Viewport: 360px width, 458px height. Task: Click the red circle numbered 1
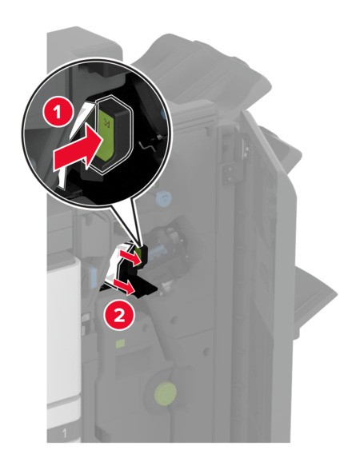[x=58, y=112]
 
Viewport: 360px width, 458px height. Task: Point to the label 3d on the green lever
[x=106, y=122]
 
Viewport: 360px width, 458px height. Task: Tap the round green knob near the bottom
[x=166, y=391]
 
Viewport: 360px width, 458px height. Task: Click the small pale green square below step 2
[x=120, y=344]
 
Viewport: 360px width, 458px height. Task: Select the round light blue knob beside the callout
[x=163, y=197]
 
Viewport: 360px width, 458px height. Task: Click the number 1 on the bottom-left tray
[x=64, y=434]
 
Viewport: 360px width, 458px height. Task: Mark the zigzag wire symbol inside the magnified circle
[x=147, y=145]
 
